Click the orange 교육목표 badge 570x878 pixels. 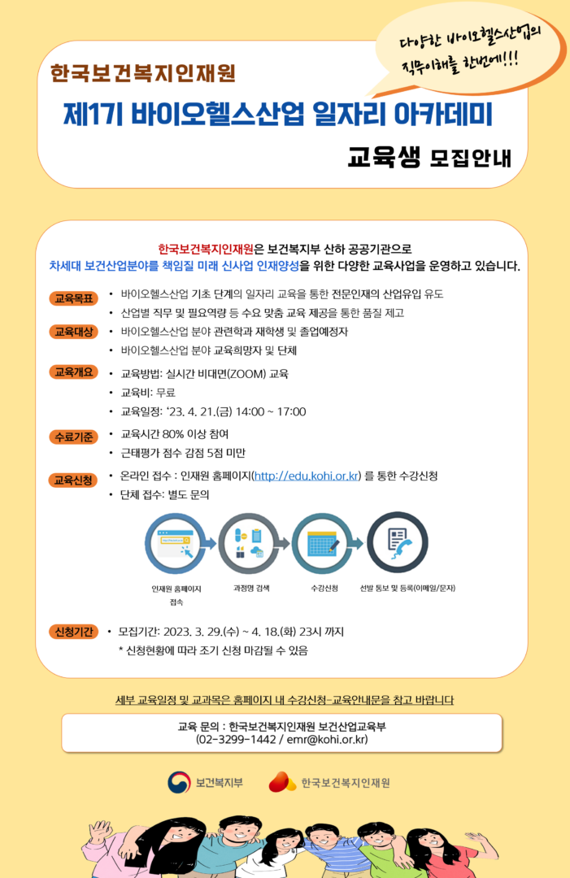[73, 298]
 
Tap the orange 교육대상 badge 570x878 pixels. [73, 332]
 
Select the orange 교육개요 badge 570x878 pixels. [73, 372]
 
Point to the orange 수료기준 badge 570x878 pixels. [73, 437]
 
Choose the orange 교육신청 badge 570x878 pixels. [73, 480]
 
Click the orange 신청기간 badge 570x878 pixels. [73, 632]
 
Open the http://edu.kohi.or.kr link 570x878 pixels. [307, 476]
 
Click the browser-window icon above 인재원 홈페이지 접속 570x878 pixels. [176, 544]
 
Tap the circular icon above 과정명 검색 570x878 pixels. [249, 544]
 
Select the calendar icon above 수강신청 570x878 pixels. [323, 544]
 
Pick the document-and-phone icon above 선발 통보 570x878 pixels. [397, 542]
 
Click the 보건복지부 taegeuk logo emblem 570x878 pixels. [179, 782]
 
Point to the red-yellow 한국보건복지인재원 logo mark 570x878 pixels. [282, 782]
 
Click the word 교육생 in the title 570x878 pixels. [384, 156]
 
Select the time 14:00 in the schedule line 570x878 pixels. [250, 411]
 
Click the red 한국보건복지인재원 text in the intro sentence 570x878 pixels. [206, 249]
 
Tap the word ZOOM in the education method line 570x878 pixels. [247, 373]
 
